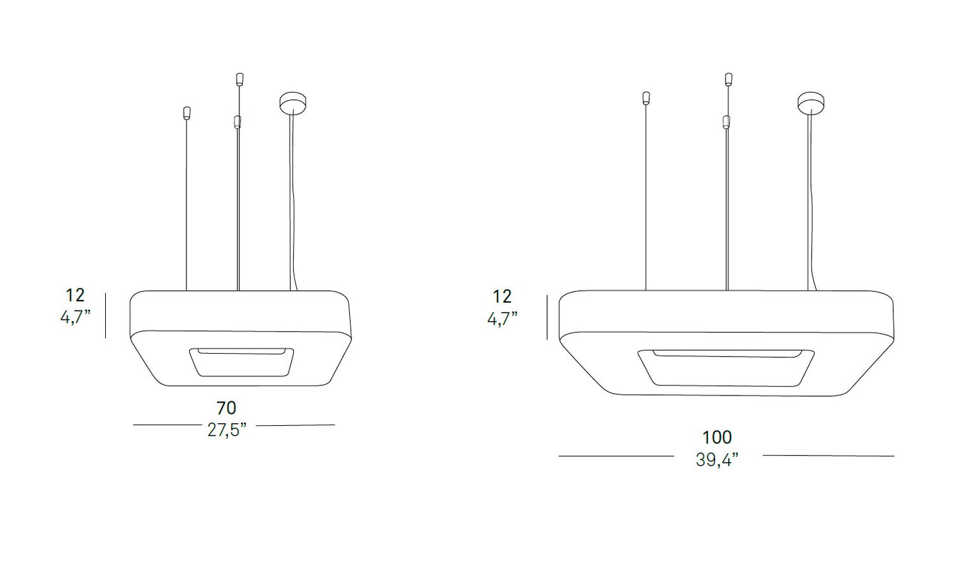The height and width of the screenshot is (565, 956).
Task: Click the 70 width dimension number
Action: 226,408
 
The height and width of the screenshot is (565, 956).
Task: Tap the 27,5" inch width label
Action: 227,430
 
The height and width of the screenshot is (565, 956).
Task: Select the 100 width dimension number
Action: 717,437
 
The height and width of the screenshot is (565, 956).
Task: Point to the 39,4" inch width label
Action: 717,460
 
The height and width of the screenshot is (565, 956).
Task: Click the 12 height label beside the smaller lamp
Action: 75,295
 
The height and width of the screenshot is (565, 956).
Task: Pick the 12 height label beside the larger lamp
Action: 502,297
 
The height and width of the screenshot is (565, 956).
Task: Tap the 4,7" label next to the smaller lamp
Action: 75,317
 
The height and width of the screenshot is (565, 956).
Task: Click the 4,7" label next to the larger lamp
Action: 502,319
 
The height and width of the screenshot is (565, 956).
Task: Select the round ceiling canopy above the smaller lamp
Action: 294,103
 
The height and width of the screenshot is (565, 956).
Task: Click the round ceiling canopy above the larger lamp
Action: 811,103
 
